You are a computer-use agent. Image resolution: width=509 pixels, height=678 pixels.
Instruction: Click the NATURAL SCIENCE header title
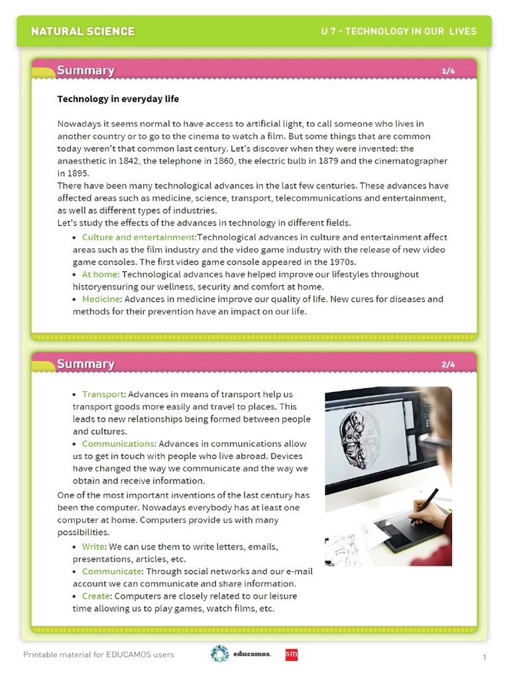point(83,31)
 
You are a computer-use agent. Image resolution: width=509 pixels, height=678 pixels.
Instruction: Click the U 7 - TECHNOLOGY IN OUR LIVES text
point(398,31)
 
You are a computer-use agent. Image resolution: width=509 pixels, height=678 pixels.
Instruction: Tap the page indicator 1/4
point(448,71)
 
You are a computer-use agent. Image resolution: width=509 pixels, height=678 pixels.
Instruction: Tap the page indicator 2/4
point(448,364)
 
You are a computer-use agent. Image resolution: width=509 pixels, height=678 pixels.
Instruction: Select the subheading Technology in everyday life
point(118,99)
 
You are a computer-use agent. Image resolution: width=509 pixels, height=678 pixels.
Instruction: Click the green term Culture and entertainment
point(138,237)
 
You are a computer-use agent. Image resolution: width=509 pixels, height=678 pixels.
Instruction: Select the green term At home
point(100,274)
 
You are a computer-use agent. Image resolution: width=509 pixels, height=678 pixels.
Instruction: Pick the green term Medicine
point(101,299)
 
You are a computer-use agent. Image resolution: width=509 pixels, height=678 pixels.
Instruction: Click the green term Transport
point(103,395)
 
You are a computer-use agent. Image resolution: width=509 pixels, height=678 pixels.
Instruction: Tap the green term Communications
point(118,444)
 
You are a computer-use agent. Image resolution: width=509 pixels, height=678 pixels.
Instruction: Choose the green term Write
point(93,547)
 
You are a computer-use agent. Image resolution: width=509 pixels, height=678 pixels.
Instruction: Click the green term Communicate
point(112,571)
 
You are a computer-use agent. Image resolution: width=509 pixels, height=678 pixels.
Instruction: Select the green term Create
point(96,597)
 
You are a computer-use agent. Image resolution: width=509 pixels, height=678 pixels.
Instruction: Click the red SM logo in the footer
point(291,654)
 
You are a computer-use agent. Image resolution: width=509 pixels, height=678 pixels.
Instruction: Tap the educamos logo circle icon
point(219,654)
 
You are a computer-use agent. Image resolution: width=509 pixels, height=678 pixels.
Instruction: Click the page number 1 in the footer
point(484,657)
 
